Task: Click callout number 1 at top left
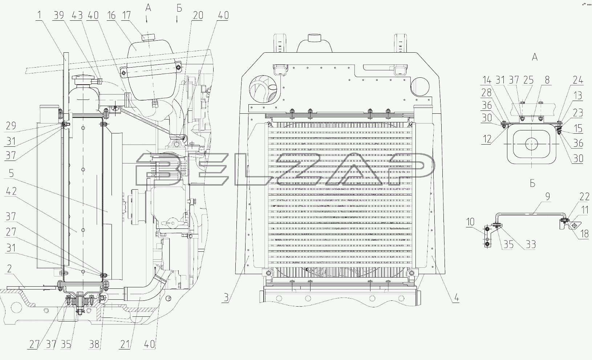click(39, 15)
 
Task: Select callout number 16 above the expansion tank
click(111, 15)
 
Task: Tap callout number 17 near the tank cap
click(127, 15)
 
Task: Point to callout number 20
click(198, 16)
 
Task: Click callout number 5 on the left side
click(11, 173)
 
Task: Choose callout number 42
click(11, 191)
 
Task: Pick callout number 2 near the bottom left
click(9, 269)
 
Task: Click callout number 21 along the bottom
click(126, 344)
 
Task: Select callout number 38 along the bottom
click(94, 344)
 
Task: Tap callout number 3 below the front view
click(226, 298)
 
